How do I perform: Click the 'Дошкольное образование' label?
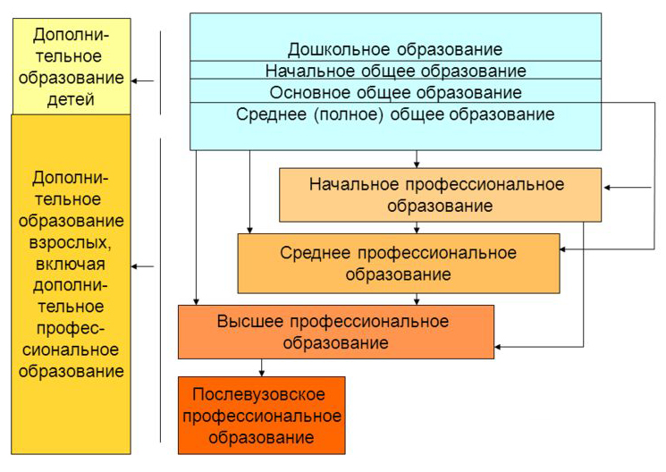(x=395, y=50)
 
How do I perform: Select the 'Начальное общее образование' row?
(x=395, y=71)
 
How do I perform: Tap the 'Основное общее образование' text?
(x=395, y=93)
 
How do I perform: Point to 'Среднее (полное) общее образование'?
(x=395, y=114)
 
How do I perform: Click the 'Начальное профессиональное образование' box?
(x=440, y=195)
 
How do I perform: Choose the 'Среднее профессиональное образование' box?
(x=399, y=264)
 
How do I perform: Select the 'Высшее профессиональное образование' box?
(x=336, y=332)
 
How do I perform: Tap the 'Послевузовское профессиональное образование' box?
(x=262, y=416)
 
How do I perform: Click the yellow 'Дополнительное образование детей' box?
(x=72, y=66)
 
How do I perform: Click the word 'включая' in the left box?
(x=70, y=265)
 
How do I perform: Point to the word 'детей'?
(x=71, y=99)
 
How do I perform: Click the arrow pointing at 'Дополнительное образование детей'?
(x=142, y=80)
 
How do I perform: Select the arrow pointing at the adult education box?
(x=142, y=266)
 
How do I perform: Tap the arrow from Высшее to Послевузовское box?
(x=262, y=368)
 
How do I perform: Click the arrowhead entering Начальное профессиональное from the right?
(x=606, y=188)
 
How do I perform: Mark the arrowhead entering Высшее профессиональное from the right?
(x=498, y=347)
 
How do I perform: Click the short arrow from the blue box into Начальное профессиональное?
(x=417, y=159)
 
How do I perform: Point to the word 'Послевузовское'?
(x=258, y=394)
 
